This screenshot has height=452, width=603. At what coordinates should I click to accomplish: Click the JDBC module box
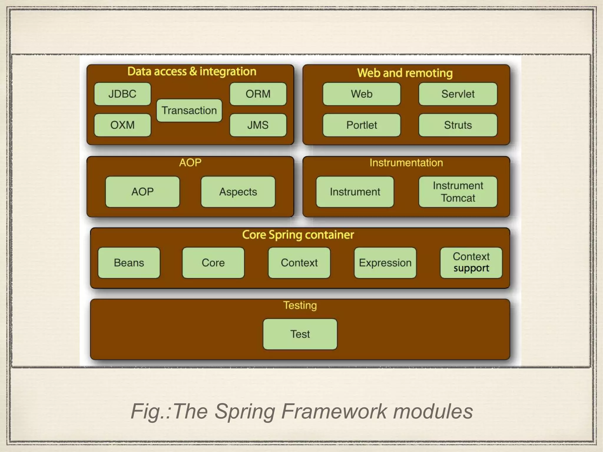tap(122, 94)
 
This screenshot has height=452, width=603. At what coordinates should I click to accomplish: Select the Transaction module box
tap(189, 110)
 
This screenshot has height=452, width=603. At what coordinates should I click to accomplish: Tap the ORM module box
tap(258, 94)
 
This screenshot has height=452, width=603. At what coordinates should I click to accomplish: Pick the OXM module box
tap(122, 125)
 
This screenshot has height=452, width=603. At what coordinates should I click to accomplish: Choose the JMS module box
tap(258, 125)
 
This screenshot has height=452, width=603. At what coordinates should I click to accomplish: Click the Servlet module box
tap(458, 94)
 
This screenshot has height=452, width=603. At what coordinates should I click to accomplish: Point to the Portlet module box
tap(362, 125)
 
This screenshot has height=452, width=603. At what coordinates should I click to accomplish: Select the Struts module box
tap(458, 125)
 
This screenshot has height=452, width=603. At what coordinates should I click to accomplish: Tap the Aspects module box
tap(238, 192)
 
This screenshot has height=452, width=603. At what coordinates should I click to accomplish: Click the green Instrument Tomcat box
tap(458, 192)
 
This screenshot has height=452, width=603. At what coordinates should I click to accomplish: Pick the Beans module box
tap(129, 263)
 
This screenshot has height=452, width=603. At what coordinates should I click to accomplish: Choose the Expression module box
tap(385, 263)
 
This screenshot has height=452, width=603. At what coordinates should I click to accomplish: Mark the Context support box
tap(471, 263)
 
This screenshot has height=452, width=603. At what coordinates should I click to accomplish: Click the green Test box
tap(300, 334)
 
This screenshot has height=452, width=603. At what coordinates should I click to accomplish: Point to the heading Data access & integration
tap(192, 72)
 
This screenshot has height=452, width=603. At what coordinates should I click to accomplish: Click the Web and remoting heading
tap(405, 73)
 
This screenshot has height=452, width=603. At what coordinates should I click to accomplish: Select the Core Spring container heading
tap(298, 235)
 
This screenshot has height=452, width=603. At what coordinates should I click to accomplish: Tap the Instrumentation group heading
tap(406, 163)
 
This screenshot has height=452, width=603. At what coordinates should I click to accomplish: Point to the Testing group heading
tap(300, 305)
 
